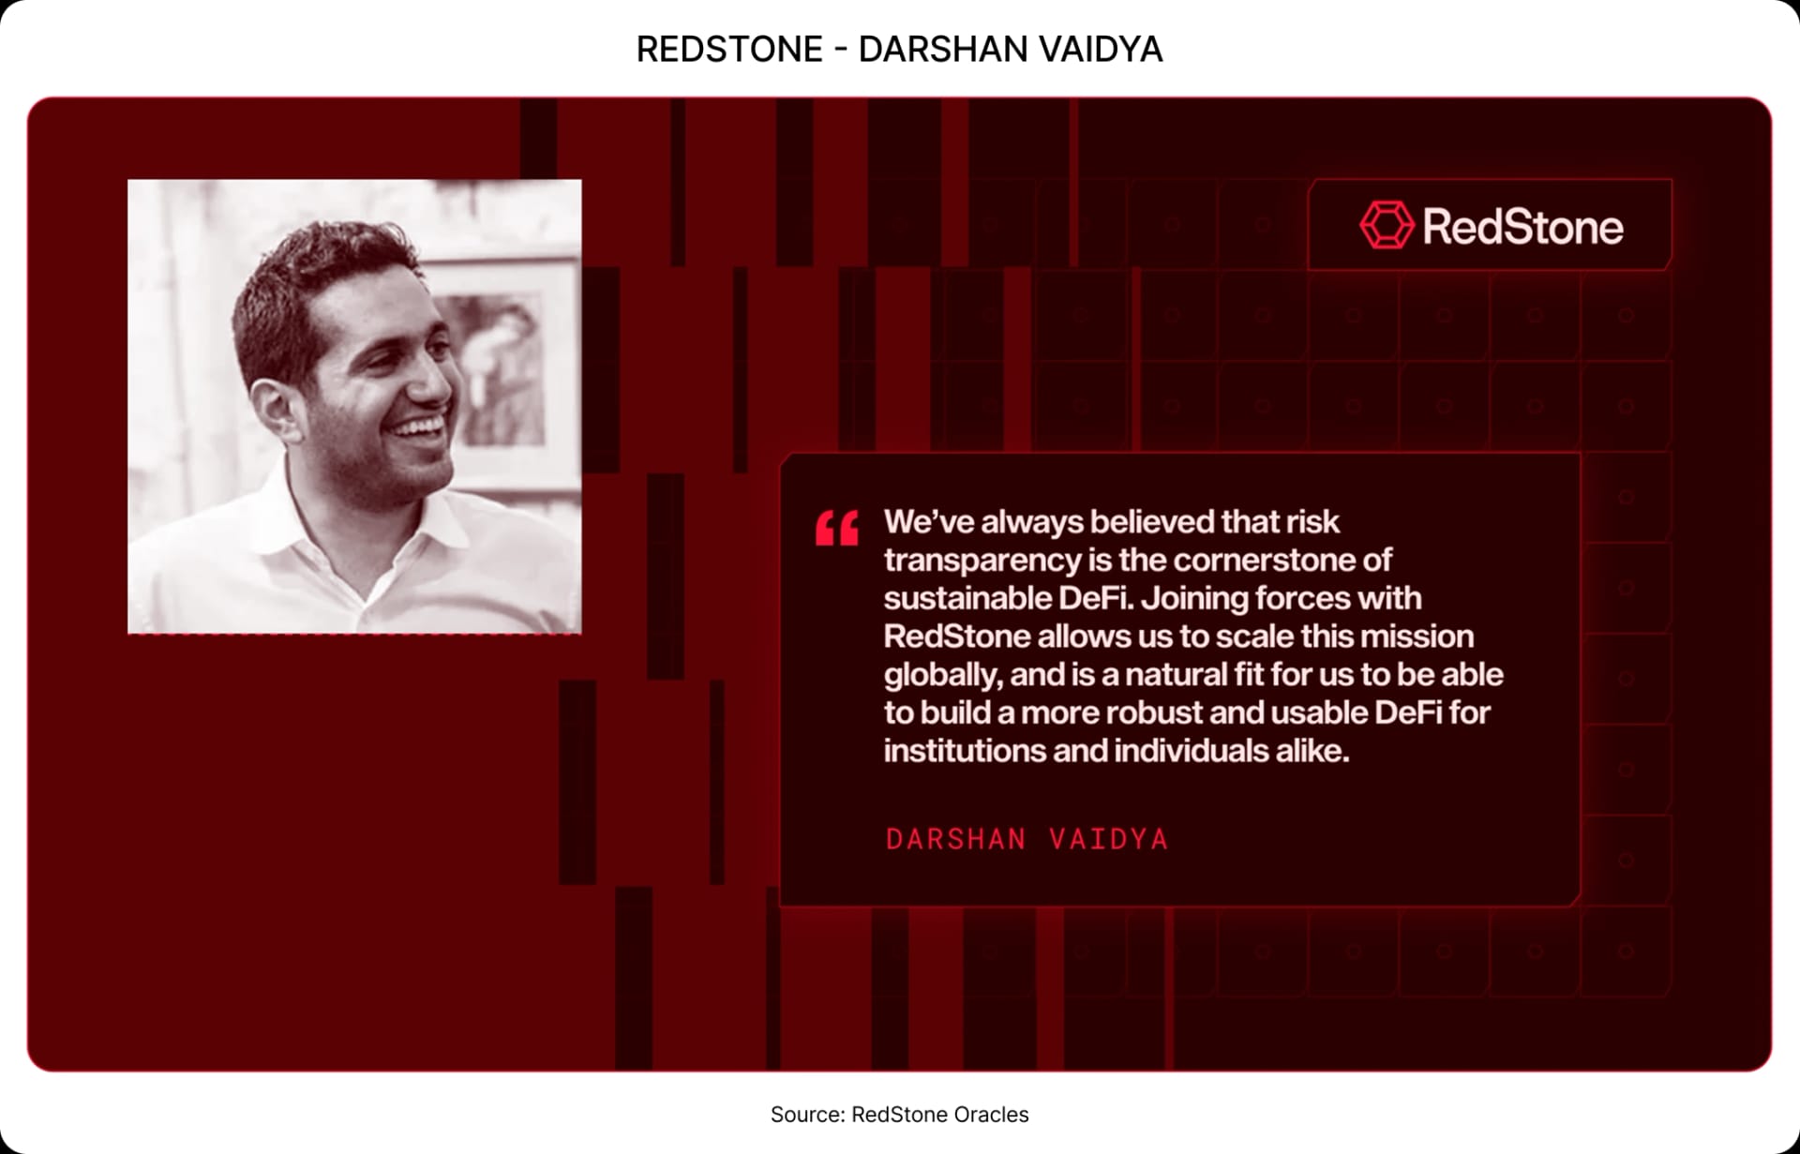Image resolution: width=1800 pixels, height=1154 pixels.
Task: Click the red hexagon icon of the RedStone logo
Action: [x=1386, y=225]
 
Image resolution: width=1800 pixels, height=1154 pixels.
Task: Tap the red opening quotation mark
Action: [x=836, y=528]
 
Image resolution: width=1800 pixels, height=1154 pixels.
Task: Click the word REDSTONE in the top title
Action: [x=729, y=49]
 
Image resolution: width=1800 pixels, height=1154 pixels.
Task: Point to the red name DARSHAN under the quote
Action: [x=955, y=839]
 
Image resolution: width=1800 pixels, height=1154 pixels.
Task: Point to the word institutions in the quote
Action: [x=965, y=751]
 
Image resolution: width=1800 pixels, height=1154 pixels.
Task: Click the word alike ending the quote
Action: [x=1312, y=751]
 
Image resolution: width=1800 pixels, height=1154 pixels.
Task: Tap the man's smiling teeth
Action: [x=419, y=429]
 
